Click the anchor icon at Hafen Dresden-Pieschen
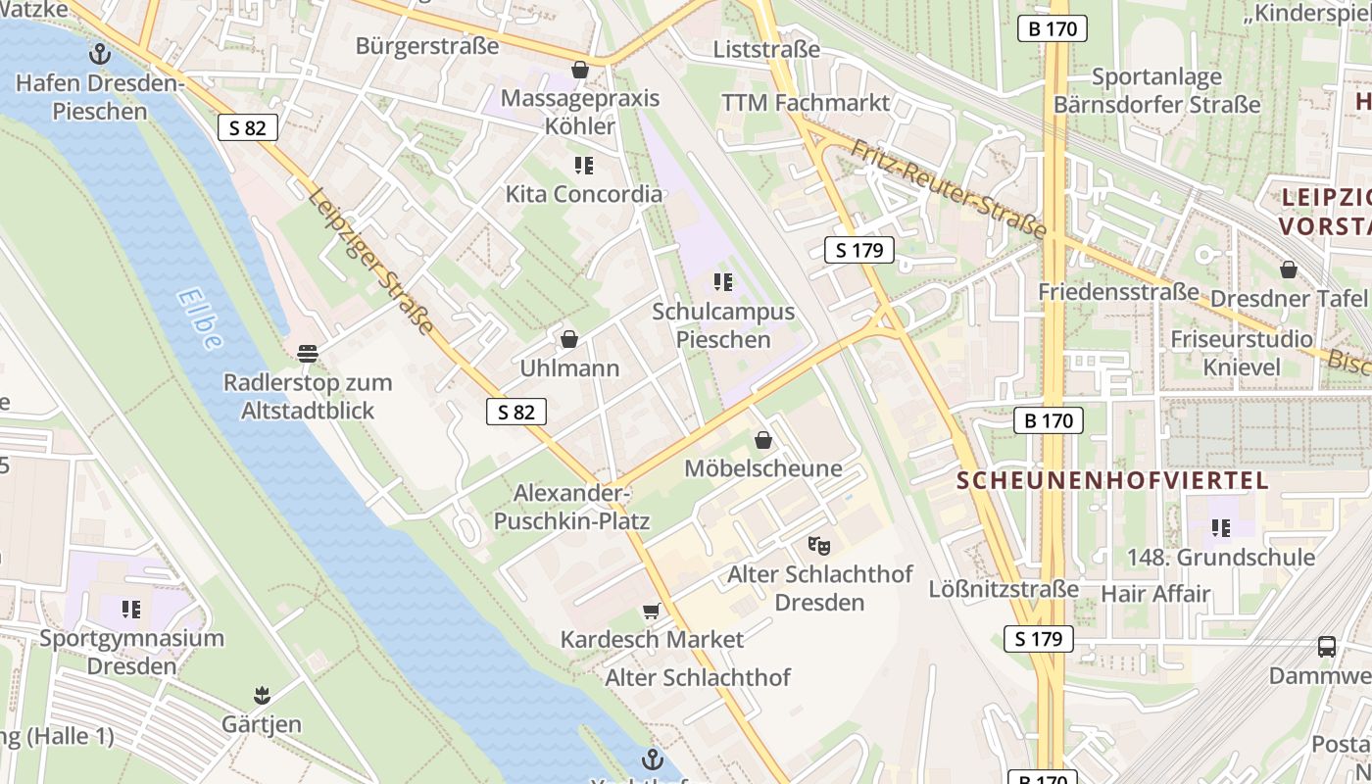100,54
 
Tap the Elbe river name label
201,319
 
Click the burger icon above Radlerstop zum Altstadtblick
308,353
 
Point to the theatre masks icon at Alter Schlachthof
819,545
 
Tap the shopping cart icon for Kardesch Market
651,612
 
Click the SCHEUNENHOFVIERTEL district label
1112,480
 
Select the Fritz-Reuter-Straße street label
948,188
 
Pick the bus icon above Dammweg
1327,647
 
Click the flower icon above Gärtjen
261,696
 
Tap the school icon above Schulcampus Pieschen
723,283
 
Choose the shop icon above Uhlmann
569,340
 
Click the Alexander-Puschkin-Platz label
571,507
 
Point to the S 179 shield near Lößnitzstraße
1039,640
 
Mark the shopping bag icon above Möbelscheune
763,440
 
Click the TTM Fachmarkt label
806,103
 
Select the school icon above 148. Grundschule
1221,528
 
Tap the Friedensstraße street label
1118,292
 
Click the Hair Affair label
1155,594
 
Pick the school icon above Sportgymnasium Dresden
131,610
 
